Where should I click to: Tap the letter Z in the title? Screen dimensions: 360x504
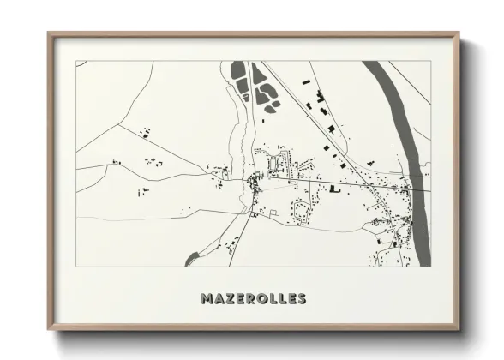pos(229,299)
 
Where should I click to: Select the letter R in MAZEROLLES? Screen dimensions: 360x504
pos(250,299)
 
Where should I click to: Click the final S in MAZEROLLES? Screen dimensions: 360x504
pos(301,299)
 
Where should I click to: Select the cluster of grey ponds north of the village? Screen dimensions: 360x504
pos(254,87)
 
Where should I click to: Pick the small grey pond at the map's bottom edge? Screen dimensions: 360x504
pos(190,259)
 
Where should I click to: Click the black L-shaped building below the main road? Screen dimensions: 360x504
pos(334,188)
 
